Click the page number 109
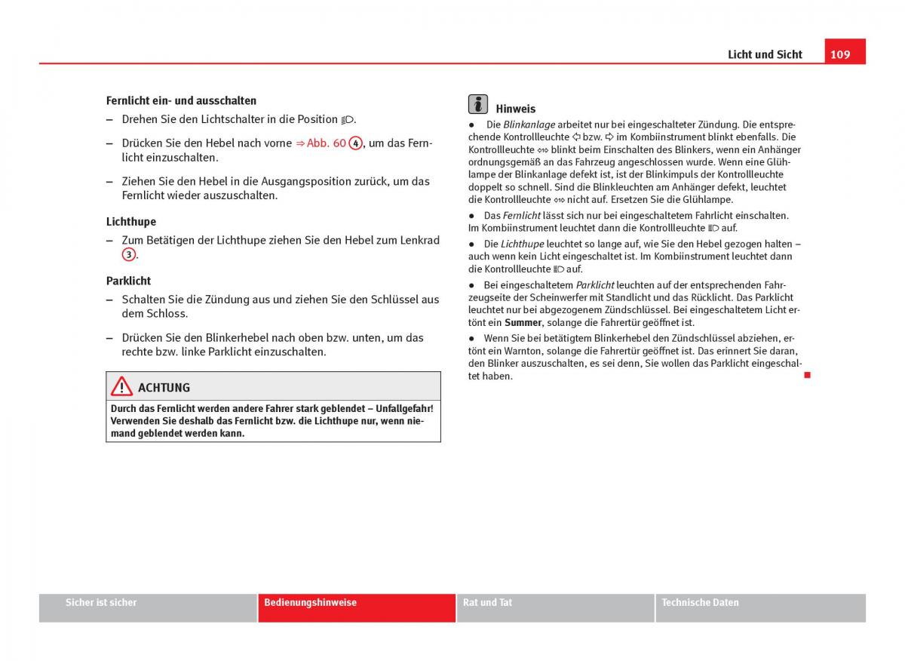[841, 54]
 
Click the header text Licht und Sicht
[765, 54]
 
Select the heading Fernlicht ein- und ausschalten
[181, 100]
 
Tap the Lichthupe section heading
[131, 222]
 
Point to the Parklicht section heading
[129, 281]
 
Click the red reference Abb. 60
[326, 143]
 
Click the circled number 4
[356, 143]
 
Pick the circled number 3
[129, 255]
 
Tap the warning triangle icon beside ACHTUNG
[121, 386]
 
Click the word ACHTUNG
[164, 388]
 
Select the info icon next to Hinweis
[477, 105]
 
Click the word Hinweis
[515, 109]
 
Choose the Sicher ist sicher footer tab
[101, 603]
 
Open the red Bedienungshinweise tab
[311, 603]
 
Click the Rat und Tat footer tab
[487, 603]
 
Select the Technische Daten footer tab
[700, 603]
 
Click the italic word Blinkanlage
[529, 125]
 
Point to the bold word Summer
[523, 323]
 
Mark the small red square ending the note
[806, 375]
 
